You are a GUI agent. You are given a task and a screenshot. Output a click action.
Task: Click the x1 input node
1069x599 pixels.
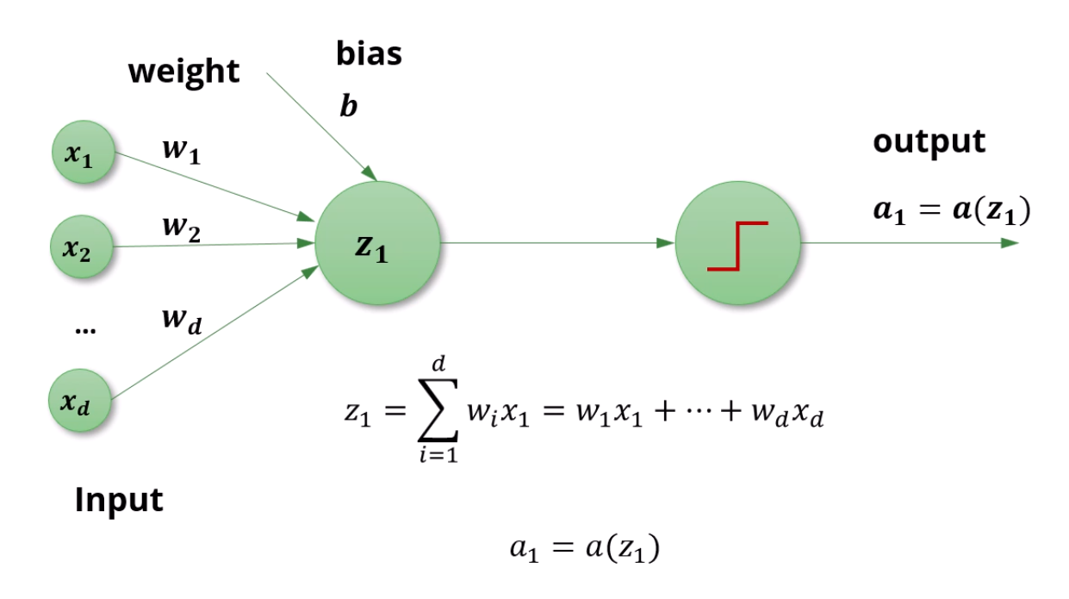coord(84,153)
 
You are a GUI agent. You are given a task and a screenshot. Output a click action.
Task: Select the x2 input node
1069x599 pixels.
coord(84,247)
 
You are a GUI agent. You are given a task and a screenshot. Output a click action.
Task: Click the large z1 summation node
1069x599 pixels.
coord(376,244)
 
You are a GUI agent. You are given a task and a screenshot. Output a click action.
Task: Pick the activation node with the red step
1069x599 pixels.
coord(737,244)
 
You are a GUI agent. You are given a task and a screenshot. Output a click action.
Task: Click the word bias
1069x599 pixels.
coord(369,54)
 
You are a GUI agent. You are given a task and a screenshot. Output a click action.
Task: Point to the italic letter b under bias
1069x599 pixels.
coord(349,109)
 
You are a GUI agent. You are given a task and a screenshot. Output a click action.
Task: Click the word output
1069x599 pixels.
coord(929,141)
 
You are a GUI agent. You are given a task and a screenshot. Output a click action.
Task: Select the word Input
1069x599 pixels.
coord(118,499)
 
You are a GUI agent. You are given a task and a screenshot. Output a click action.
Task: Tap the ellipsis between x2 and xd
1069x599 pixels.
coord(84,328)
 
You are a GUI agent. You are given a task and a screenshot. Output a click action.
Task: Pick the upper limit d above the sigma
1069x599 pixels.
coord(439,365)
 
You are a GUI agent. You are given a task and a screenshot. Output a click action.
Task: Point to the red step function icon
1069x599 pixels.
coord(737,246)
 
